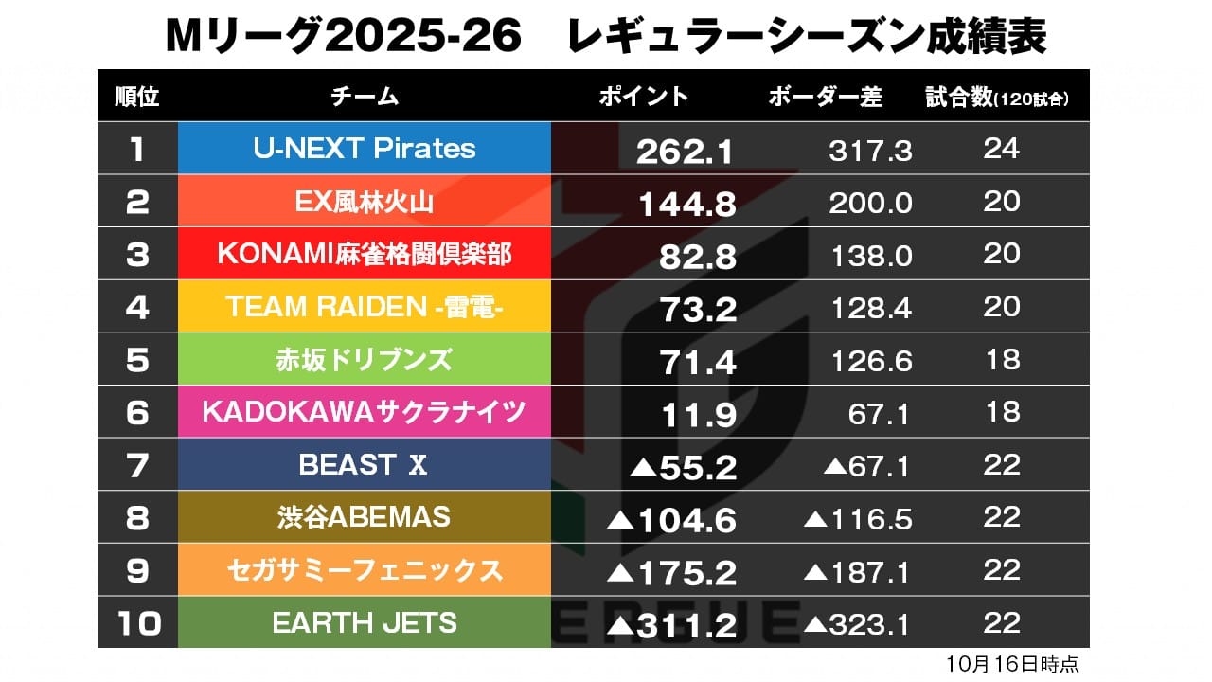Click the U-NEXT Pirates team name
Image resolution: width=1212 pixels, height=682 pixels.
coord(365,149)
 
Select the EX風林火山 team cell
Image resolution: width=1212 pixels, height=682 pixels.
coord(365,202)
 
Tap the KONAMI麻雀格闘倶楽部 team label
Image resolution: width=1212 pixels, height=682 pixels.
coord(365,254)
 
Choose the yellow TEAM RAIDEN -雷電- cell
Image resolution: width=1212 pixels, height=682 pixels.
coord(365,307)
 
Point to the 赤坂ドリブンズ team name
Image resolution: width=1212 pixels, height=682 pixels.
coord(365,360)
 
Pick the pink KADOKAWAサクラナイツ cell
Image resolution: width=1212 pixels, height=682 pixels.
coord(365,412)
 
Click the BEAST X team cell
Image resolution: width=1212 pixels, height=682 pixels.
coord(365,465)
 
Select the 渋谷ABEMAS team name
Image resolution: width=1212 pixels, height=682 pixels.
coord(365,517)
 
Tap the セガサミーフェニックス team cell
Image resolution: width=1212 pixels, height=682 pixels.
coord(365,570)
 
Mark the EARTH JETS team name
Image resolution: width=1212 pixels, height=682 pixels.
coord(365,622)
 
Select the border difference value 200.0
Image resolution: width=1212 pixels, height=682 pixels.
coord(870,203)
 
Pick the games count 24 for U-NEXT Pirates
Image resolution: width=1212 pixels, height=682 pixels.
coord(1001,149)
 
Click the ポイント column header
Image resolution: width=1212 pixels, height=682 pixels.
coord(644,97)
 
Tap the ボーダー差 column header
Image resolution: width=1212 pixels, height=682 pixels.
coord(825,97)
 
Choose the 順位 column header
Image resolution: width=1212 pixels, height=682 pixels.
coord(136,97)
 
